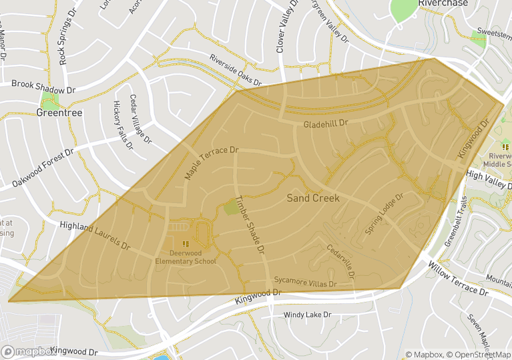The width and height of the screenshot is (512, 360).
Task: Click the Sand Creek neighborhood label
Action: [313, 198]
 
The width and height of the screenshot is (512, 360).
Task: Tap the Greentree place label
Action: [59, 113]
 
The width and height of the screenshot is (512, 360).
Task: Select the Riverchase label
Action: [444, 3]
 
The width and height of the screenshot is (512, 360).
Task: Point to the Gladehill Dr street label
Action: [326, 124]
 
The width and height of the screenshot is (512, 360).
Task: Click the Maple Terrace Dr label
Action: [211, 163]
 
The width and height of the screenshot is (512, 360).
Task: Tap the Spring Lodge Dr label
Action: [385, 215]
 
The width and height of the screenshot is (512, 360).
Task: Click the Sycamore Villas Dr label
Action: [305, 283]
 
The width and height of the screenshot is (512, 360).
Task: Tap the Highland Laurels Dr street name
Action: [94, 236]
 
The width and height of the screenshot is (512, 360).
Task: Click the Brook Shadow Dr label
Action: [43, 87]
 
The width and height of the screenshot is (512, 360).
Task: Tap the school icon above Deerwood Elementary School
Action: [186, 243]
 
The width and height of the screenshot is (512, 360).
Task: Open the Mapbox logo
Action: [29, 351]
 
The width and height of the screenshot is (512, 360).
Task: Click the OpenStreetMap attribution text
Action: [476, 355]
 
